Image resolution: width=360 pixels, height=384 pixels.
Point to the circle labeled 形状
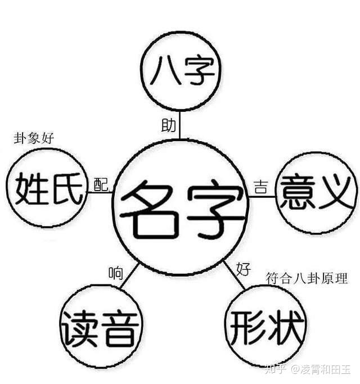click(265, 326)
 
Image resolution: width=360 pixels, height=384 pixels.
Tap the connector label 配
click(101, 184)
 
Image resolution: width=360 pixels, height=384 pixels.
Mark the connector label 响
click(116, 274)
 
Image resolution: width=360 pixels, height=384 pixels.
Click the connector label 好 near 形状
click(243, 269)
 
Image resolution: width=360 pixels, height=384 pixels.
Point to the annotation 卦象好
click(34, 138)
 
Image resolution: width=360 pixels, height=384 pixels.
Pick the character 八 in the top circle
click(165, 73)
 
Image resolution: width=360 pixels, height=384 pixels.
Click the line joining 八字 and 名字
click(181, 127)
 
